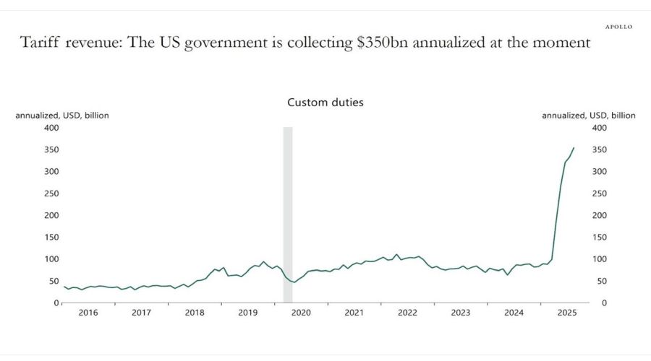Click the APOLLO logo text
(x=618, y=27)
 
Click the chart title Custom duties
(x=325, y=103)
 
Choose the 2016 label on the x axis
(x=88, y=313)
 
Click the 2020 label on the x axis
(x=301, y=313)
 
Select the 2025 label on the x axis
(x=567, y=313)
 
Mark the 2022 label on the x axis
(x=407, y=313)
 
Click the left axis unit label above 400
(x=62, y=116)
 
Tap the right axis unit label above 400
(x=589, y=116)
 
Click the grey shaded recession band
(x=287, y=209)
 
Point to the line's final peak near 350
(x=574, y=148)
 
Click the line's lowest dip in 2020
(x=294, y=282)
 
